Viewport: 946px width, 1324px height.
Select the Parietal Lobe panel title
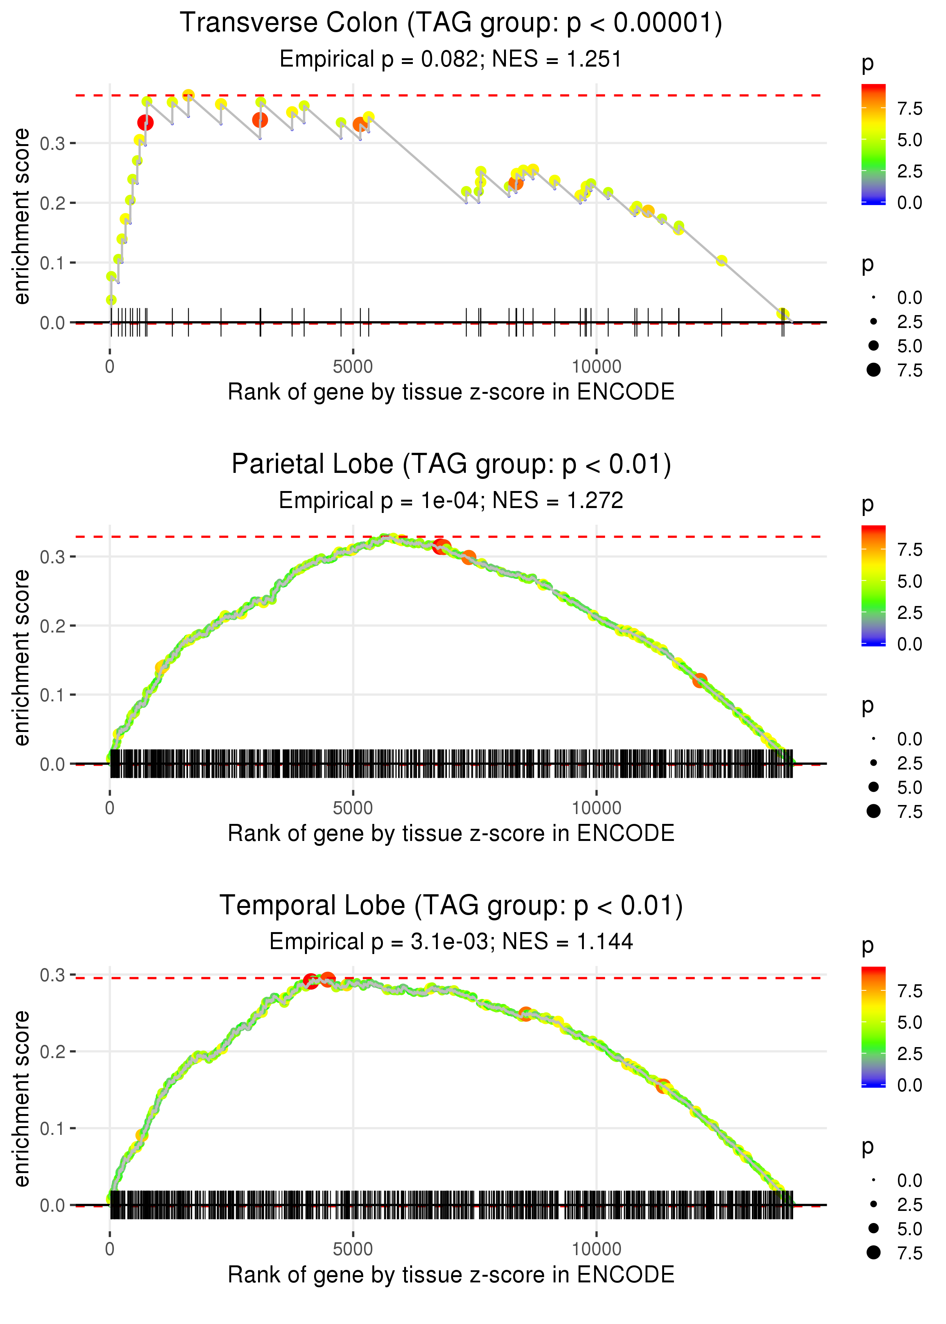coord(451,465)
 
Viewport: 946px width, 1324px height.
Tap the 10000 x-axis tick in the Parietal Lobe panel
coord(596,808)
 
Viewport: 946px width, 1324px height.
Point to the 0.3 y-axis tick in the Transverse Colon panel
coord(53,143)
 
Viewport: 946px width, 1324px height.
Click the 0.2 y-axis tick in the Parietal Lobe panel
coord(53,626)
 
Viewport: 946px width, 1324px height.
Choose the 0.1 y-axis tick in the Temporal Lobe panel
coord(53,1129)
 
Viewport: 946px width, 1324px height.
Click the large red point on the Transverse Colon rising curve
coord(146,122)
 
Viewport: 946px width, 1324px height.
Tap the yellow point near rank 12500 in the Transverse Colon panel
coord(722,260)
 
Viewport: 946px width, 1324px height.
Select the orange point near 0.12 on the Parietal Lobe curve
coord(700,680)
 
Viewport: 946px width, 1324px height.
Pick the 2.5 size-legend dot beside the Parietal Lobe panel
coord(873,763)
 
